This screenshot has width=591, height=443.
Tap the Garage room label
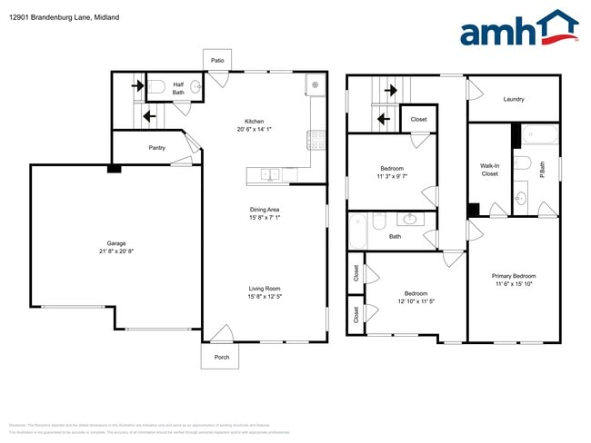[x=115, y=243]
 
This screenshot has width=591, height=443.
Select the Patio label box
[x=217, y=60]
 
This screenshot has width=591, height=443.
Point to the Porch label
[x=222, y=357]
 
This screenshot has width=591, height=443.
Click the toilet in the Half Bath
[x=155, y=87]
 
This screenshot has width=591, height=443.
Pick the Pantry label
[x=156, y=147]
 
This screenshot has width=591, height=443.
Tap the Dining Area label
[x=264, y=209]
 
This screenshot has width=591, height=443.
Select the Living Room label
[x=264, y=289]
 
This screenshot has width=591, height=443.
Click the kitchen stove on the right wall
[x=316, y=139]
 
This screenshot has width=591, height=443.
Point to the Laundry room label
[x=514, y=100]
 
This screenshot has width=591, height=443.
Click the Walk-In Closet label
[x=489, y=169]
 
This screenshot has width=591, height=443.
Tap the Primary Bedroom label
[x=514, y=276]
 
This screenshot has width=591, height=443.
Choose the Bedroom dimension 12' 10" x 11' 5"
[x=416, y=301]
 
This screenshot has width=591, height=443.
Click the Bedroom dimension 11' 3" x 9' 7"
[x=392, y=176]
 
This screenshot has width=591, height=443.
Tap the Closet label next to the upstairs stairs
[x=418, y=119]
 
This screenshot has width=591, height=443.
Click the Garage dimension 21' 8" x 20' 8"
[x=115, y=251]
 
